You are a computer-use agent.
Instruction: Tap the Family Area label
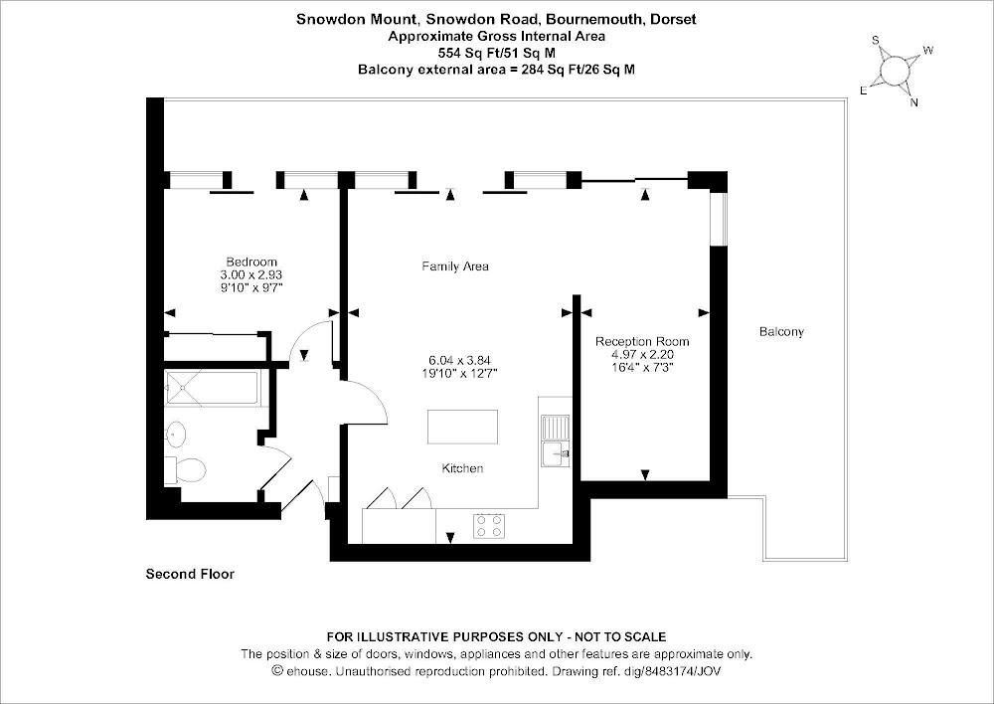click(x=455, y=266)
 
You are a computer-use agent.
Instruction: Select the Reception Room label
click(x=642, y=341)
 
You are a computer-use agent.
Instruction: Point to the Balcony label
click(x=780, y=331)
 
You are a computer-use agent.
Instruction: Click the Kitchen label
click(x=462, y=468)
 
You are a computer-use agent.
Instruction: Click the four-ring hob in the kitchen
click(x=487, y=525)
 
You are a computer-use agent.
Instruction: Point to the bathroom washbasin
click(x=176, y=434)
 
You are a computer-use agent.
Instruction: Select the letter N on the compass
click(x=914, y=101)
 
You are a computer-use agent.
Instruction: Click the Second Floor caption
click(x=190, y=574)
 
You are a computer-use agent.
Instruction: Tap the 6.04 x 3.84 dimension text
click(x=460, y=360)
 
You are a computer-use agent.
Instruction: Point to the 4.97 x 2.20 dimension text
click(x=642, y=354)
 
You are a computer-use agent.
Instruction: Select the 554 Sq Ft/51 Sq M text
click(x=496, y=53)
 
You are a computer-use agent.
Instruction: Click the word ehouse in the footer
click(x=306, y=671)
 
